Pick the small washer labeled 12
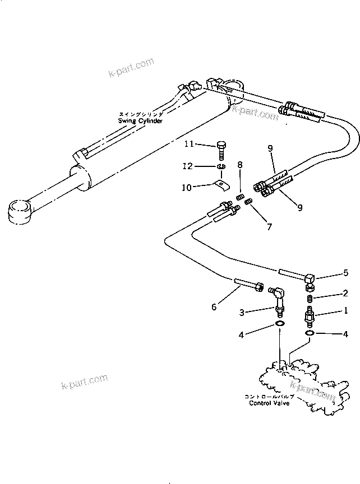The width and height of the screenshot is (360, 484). tap(220, 167)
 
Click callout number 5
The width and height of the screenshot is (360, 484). tap(346, 273)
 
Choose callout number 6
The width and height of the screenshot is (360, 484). tap(214, 306)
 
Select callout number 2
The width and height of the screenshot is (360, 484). tap(346, 293)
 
